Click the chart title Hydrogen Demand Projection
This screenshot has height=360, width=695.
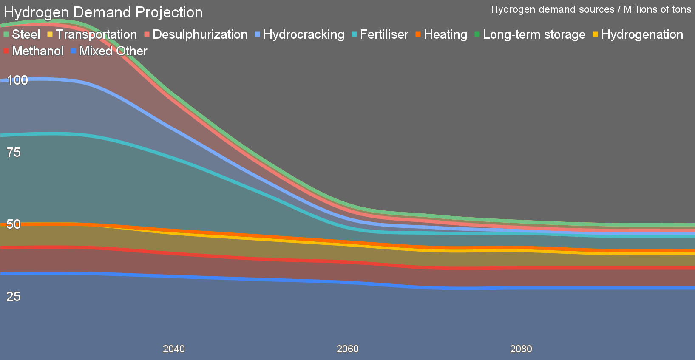point(103,12)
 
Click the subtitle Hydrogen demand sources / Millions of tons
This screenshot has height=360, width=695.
point(591,9)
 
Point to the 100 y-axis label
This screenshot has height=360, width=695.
point(17,80)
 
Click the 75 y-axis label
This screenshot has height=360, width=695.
point(14,152)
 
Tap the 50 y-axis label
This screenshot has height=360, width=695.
point(14,224)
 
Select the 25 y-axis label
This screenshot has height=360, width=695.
point(14,296)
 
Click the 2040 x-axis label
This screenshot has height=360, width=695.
point(174,349)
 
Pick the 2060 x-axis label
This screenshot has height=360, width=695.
point(348,349)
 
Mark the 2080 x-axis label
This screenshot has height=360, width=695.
point(521,349)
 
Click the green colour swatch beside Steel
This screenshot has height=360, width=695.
point(6,34)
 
